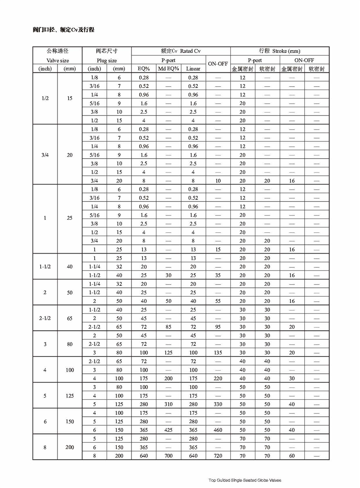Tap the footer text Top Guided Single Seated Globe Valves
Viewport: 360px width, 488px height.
(247, 480)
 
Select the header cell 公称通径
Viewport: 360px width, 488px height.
(57, 51)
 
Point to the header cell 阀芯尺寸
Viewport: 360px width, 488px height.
(107, 51)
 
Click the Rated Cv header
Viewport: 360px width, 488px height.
(181, 51)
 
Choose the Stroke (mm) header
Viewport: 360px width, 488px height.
(280, 51)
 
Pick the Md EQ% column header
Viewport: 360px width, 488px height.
(168, 69)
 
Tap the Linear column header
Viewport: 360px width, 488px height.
(193, 69)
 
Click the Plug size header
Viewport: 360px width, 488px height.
(107, 60)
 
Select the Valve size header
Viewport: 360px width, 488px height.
(57, 60)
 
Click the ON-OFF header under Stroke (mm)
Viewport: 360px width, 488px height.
(304, 60)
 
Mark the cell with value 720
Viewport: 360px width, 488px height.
(218, 456)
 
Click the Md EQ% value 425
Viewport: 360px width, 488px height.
(168, 430)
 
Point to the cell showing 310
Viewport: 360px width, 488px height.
(168, 404)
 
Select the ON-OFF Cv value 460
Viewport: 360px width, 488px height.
(218, 430)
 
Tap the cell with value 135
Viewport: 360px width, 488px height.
(218, 353)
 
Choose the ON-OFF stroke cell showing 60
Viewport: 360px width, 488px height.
(292, 456)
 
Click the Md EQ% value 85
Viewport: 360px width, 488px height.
(168, 327)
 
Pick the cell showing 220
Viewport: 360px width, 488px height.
(218, 378)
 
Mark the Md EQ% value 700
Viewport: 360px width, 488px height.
(168, 456)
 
